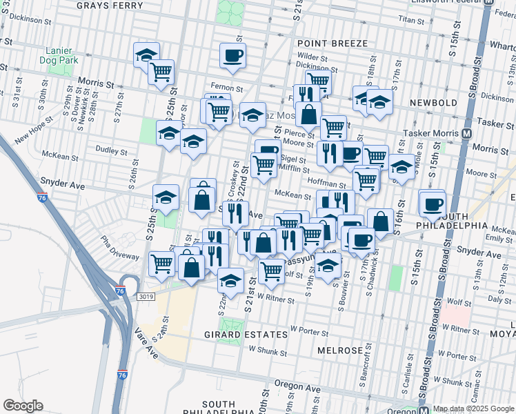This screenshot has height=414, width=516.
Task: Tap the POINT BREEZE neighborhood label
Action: tap(333, 43)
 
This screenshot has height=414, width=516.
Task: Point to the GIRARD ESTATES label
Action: tap(236, 335)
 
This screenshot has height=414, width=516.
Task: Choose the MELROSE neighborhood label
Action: tap(340, 351)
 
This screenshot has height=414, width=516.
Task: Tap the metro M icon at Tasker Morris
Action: tap(467, 132)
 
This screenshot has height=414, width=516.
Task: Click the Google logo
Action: tap(23, 406)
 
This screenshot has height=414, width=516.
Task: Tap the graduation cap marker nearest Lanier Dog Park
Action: tap(146, 55)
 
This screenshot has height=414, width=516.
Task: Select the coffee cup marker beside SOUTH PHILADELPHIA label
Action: tap(433, 204)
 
